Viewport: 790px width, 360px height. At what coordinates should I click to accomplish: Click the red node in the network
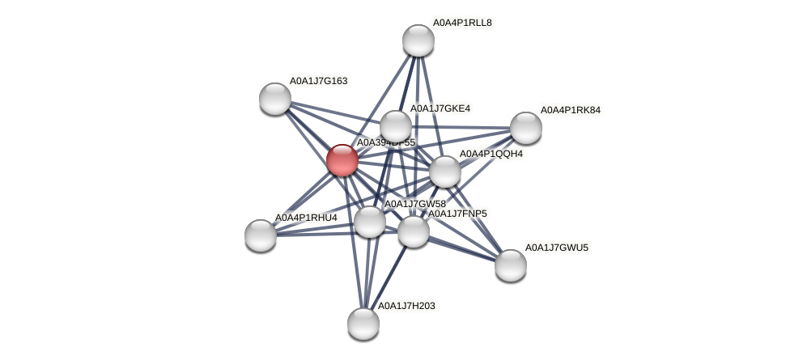(x=342, y=159)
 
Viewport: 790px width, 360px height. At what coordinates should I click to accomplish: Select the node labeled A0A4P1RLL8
(x=418, y=40)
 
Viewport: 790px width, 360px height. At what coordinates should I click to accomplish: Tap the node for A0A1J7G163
(x=275, y=98)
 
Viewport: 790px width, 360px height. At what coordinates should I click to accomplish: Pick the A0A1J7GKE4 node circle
(x=395, y=126)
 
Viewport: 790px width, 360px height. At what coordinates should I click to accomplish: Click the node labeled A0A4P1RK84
(x=525, y=127)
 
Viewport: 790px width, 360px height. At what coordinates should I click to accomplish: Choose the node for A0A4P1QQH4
(x=444, y=172)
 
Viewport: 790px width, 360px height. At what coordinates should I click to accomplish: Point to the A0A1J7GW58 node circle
(x=370, y=222)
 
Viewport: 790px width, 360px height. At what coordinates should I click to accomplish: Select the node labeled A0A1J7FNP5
(x=413, y=231)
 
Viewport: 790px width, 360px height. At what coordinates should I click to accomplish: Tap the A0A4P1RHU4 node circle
(x=261, y=235)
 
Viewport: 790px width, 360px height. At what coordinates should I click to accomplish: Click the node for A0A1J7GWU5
(x=510, y=265)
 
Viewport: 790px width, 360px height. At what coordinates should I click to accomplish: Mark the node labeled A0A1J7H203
(x=363, y=323)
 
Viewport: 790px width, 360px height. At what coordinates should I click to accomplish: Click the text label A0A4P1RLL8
(x=461, y=23)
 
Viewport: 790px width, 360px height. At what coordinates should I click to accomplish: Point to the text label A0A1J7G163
(x=318, y=81)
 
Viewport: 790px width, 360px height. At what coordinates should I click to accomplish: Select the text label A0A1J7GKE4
(x=440, y=108)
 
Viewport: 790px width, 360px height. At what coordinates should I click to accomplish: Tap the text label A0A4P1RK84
(x=571, y=110)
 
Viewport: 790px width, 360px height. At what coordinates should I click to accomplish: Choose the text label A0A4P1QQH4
(x=491, y=154)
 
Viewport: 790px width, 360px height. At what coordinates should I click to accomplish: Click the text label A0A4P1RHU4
(x=306, y=218)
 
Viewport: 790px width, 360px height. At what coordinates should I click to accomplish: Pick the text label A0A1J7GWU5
(x=556, y=248)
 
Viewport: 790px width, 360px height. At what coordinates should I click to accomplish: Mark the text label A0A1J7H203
(x=406, y=306)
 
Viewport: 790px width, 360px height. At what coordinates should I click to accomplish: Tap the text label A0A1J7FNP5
(x=457, y=214)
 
